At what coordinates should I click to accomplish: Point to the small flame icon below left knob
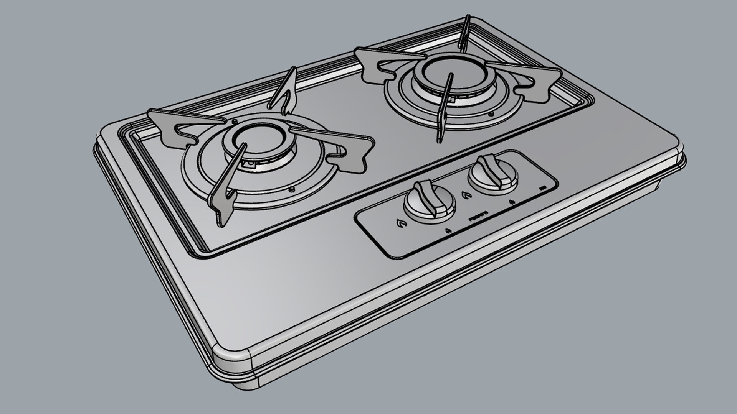tap(448, 231)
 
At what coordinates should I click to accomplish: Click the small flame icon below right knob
tap(511, 202)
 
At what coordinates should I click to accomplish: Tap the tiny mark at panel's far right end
tap(543, 188)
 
